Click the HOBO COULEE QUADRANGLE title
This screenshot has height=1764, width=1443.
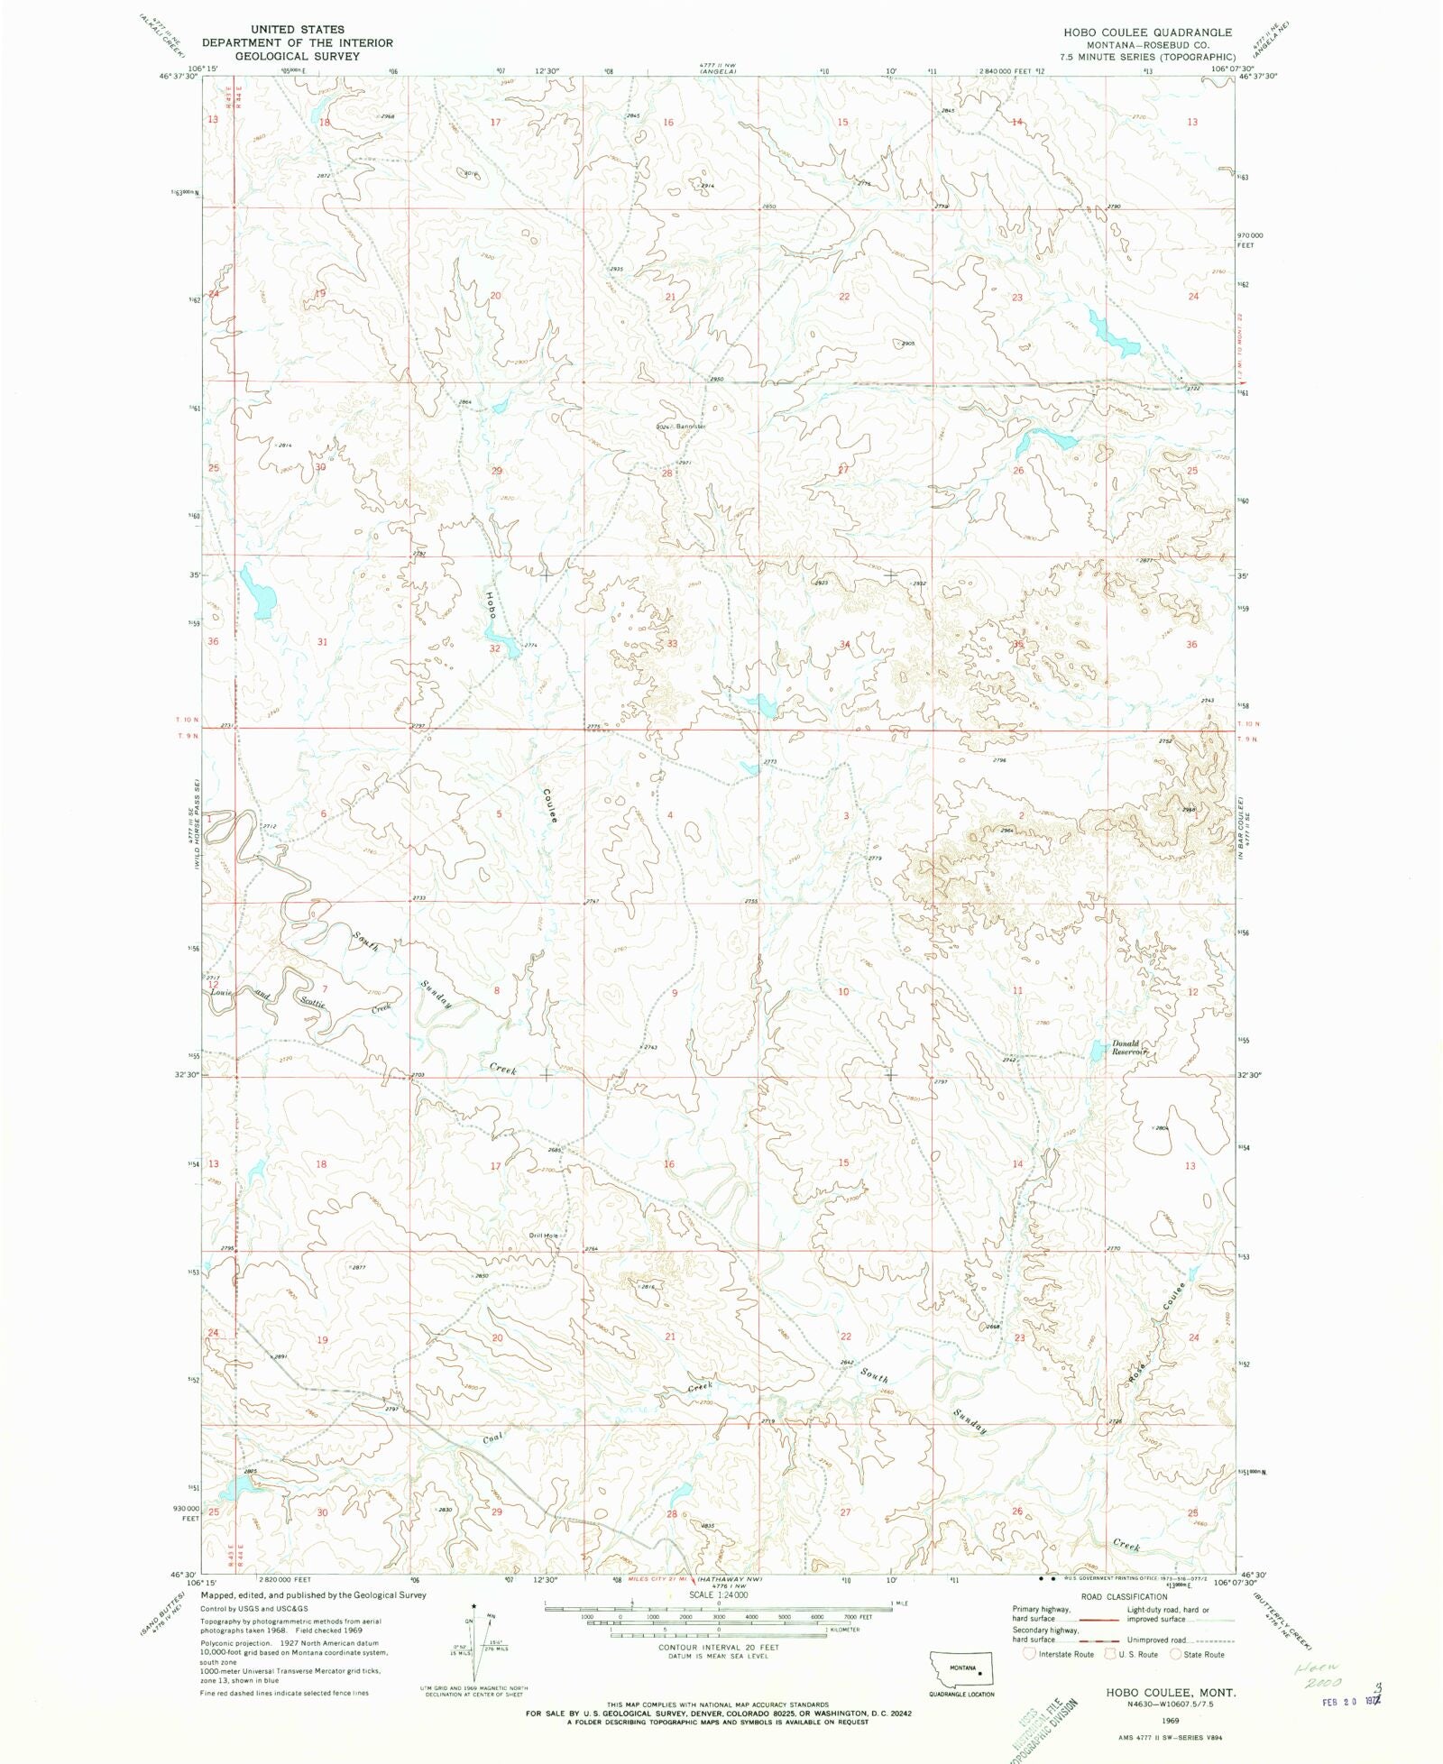pos(1147,32)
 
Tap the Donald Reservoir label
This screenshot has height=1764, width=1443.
pos(1127,1048)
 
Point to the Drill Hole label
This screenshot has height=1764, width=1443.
pos(544,1236)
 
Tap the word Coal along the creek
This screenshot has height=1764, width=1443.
pos(492,1438)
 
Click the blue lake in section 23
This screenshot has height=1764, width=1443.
pos(1112,335)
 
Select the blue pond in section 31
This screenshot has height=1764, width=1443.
pos(259,592)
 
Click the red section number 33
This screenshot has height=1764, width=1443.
pos(672,644)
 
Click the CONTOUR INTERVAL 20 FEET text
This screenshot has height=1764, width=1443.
pos(718,1647)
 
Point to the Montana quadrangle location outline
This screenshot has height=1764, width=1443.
pos(961,1668)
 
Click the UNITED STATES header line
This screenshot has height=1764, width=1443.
pos(298,30)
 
